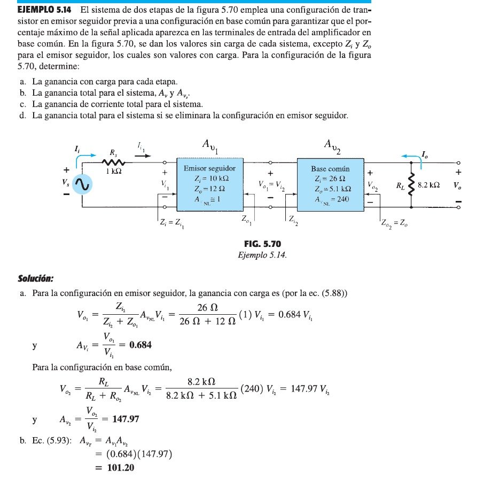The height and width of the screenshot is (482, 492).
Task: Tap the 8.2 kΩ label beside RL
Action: click(428, 185)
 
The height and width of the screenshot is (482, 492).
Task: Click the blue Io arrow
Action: click(410, 156)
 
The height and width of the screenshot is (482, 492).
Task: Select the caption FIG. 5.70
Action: click(262, 245)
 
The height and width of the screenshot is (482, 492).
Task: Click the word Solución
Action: click(35, 278)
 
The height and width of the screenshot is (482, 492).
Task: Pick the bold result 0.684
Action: click(137, 345)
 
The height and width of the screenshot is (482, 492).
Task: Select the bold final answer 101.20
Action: click(114, 468)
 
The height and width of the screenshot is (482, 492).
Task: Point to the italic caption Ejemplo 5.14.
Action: click(262, 255)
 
